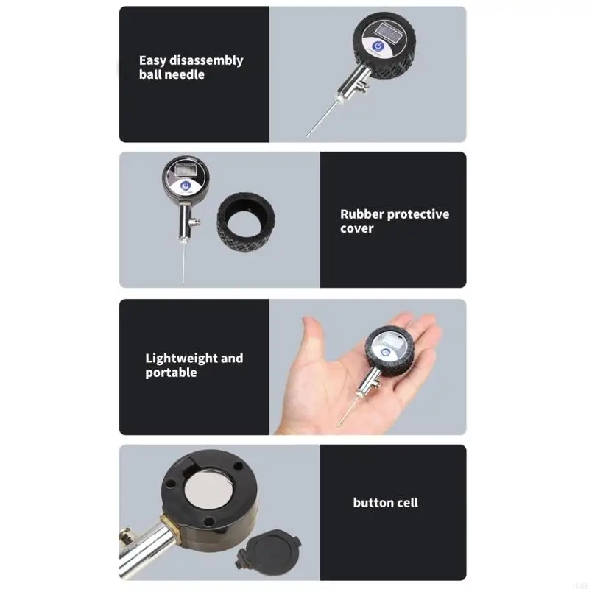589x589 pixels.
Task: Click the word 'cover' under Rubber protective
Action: click(x=357, y=228)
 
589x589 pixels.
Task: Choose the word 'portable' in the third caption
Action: click(x=171, y=373)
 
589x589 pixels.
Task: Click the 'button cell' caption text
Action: click(x=386, y=503)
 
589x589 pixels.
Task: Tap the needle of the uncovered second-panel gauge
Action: click(x=179, y=264)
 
